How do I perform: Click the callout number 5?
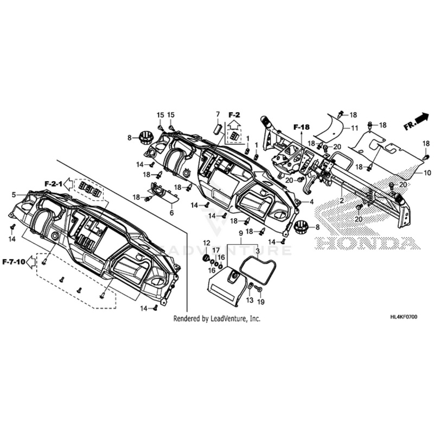[14, 194]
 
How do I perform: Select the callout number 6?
[171, 213]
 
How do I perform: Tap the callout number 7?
[218, 114]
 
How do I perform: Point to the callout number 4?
[312, 202]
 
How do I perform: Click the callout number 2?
[342, 201]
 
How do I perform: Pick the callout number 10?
[427, 173]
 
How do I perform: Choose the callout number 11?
[354, 128]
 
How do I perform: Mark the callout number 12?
[207, 242]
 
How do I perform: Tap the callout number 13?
[250, 300]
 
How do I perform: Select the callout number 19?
[260, 301]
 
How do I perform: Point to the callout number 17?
[216, 250]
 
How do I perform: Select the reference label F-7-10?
[13, 261]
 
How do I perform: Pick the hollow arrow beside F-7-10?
[31, 261]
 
